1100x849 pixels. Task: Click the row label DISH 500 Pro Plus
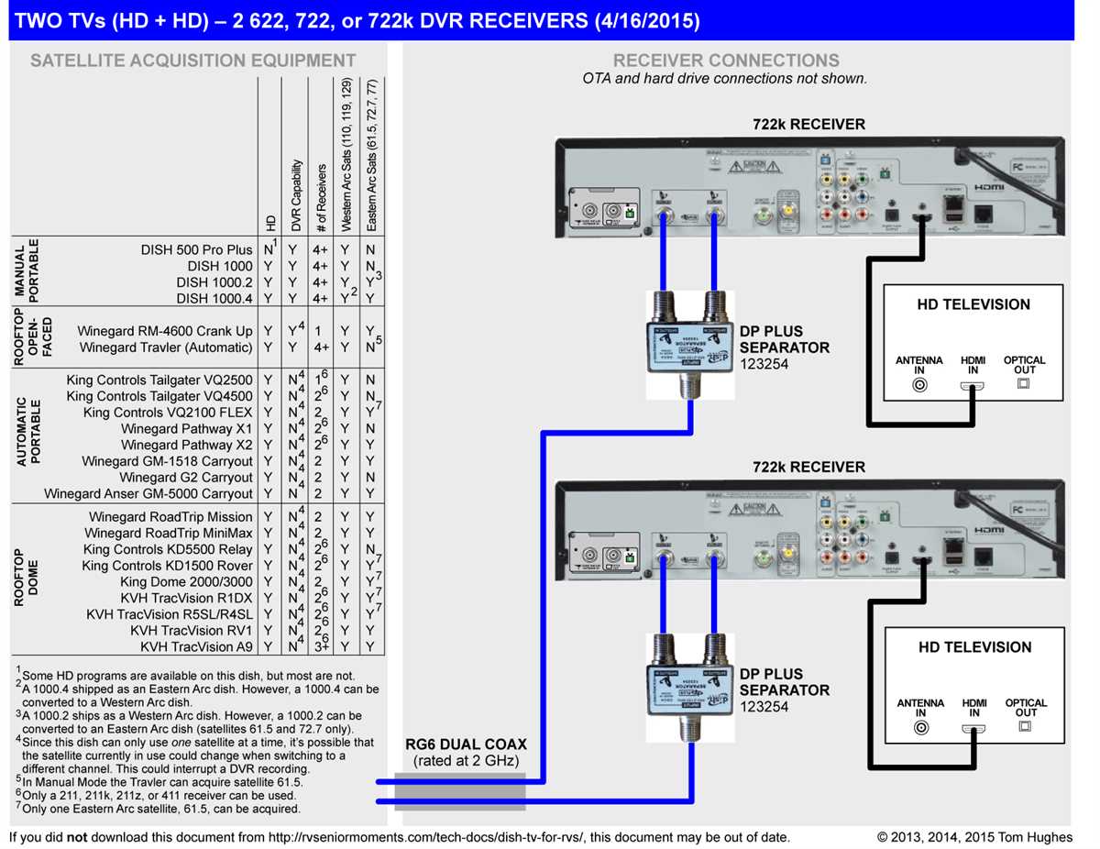click(x=196, y=249)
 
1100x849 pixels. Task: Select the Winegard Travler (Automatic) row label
click(x=165, y=347)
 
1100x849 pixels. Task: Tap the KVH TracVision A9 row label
click(x=196, y=646)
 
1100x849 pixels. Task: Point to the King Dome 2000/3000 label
click(x=186, y=581)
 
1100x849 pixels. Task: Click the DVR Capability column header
click(x=296, y=195)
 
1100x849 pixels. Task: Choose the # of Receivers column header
click(x=321, y=198)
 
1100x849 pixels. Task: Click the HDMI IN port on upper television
click(x=973, y=386)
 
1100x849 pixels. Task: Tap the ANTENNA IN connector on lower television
click(x=920, y=729)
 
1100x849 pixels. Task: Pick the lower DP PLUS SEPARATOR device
click(x=688, y=685)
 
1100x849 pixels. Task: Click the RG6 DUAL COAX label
click(x=466, y=744)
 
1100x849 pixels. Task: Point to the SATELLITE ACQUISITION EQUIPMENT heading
click(x=192, y=61)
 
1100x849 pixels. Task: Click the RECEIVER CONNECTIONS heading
click(x=725, y=61)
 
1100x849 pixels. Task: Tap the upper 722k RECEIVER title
click(x=808, y=125)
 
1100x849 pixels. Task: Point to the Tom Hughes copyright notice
click(x=973, y=837)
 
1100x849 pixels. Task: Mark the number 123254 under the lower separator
click(x=764, y=707)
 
